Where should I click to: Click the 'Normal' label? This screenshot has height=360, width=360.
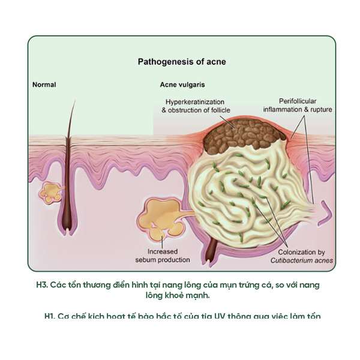click(44, 85)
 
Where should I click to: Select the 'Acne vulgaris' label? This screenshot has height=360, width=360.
click(183, 85)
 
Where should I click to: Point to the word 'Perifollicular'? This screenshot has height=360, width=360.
click(298, 101)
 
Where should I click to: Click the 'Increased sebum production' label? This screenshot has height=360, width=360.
click(162, 255)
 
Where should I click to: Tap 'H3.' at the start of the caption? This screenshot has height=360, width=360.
click(43, 285)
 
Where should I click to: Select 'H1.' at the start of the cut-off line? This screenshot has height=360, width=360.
click(50, 316)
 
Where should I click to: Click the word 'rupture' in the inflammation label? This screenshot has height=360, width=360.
click(321, 109)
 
